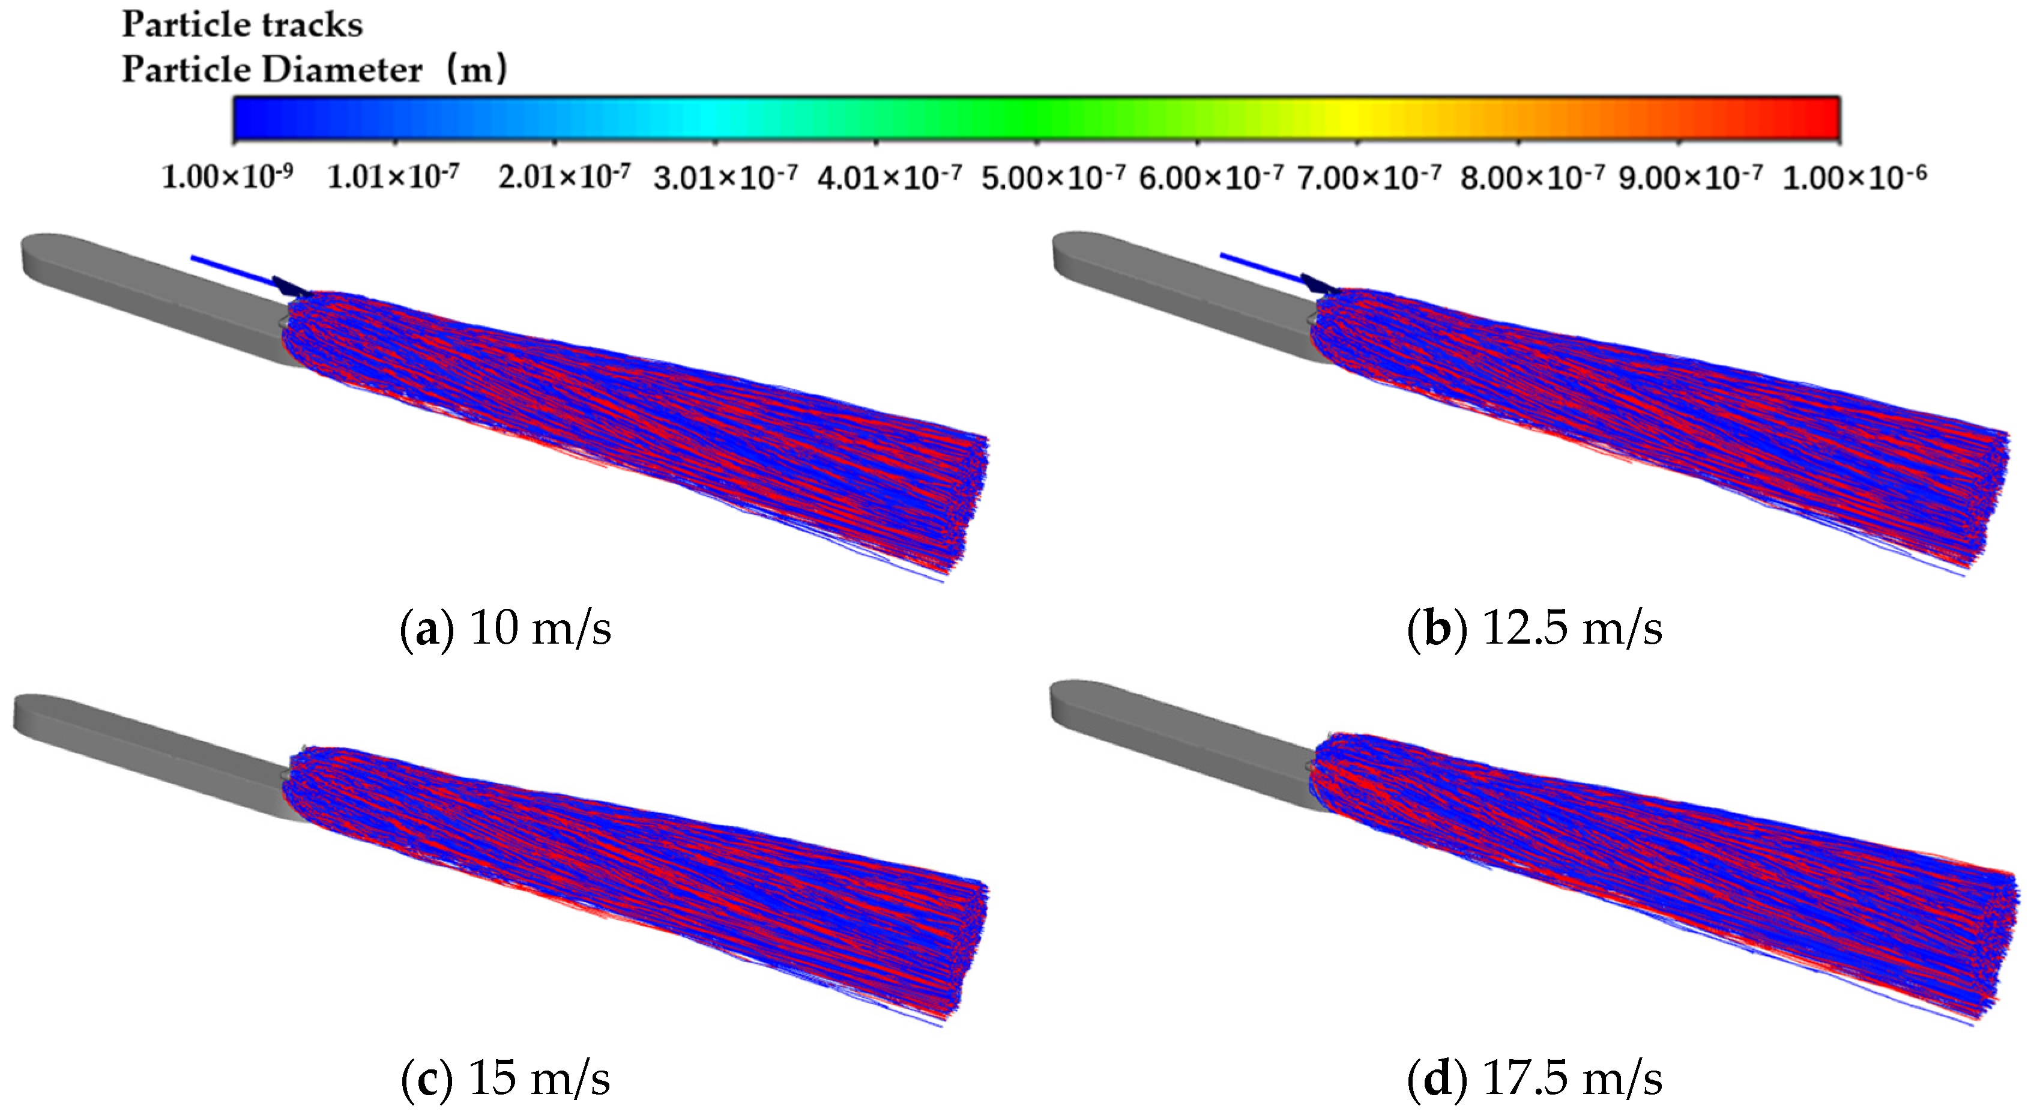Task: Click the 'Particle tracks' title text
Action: click(x=243, y=25)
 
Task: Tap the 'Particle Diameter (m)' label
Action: click(x=314, y=70)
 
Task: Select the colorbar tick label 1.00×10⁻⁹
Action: click(x=228, y=176)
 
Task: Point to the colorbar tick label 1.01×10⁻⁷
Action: click(x=393, y=176)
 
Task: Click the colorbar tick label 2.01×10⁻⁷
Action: click(x=564, y=176)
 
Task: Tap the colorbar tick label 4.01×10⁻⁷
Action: click(x=890, y=176)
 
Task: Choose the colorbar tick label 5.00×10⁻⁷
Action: click(x=1053, y=176)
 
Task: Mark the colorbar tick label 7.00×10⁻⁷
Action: click(x=1370, y=176)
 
